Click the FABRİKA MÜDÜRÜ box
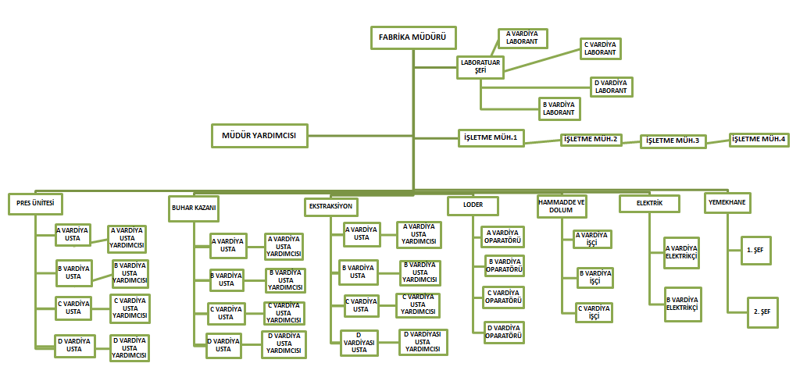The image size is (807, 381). coord(412,37)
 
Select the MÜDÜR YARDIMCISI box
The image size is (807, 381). coord(259,135)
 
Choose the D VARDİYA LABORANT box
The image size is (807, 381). coord(612,87)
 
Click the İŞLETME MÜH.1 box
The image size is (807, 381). coord(490,138)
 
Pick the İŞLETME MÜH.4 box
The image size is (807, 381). coord(759,139)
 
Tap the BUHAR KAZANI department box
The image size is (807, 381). coord(194,208)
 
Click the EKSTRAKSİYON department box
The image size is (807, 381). coord(332,207)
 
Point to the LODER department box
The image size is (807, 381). coord(473,205)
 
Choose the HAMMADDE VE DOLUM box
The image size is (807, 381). coord(562,205)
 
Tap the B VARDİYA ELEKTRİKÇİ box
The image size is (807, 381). coord(682,304)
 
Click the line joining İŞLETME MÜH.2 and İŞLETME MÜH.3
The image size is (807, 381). coord(630,141)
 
